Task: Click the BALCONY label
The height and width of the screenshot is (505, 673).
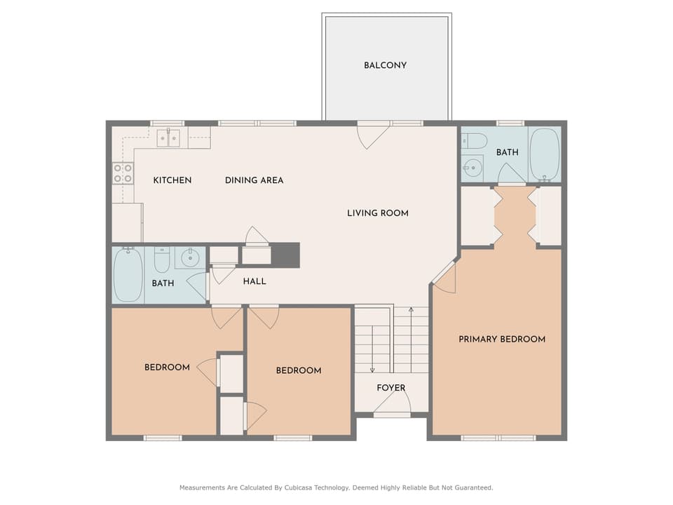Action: [385, 65]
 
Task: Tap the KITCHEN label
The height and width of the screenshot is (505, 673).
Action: [172, 180]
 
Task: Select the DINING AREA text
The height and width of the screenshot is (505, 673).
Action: [254, 180]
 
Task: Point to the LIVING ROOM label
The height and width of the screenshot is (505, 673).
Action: [378, 213]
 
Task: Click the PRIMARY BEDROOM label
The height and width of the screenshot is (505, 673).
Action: [502, 339]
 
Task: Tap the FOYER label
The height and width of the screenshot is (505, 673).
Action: [391, 388]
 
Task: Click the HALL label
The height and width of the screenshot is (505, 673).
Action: [254, 281]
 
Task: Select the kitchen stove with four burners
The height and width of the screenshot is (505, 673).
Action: [123, 173]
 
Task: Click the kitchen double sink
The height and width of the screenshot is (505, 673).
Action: [168, 138]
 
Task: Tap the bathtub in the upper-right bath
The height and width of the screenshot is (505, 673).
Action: [545, 154]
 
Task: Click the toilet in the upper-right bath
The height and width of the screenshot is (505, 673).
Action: [475, 140]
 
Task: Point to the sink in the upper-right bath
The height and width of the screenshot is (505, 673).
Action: [472, 168]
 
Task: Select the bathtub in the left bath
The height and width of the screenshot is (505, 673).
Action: [128, 274]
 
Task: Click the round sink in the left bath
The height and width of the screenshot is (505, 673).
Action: [190, 258]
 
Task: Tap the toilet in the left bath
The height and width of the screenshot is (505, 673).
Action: [162, 260]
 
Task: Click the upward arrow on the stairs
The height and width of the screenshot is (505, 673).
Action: [411, 339]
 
